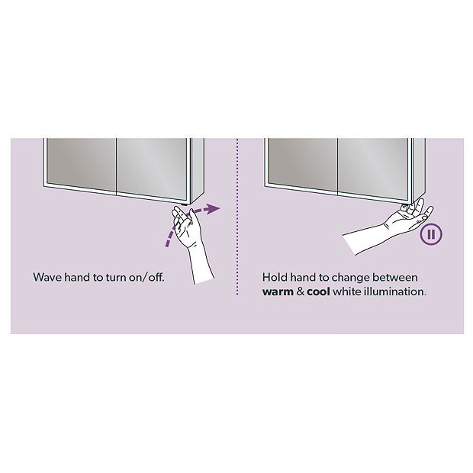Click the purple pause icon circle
click(431, 234)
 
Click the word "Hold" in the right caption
click(275, 277)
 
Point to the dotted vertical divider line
click(238, 229)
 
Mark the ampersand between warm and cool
click(302, 291)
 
